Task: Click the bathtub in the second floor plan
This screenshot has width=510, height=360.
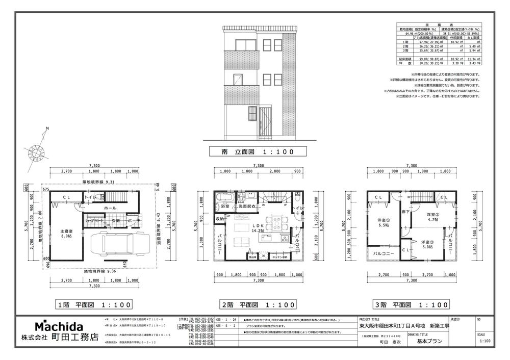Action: click(x=224, y=197)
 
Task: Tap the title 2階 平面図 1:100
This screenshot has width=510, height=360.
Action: click(x=258, y=305)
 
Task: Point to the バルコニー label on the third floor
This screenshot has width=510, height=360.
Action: click(x=382, y=253)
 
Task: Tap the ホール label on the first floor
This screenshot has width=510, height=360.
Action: click(x=110, y=208)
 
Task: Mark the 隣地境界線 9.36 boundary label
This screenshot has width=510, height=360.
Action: click(x=102, y=272)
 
